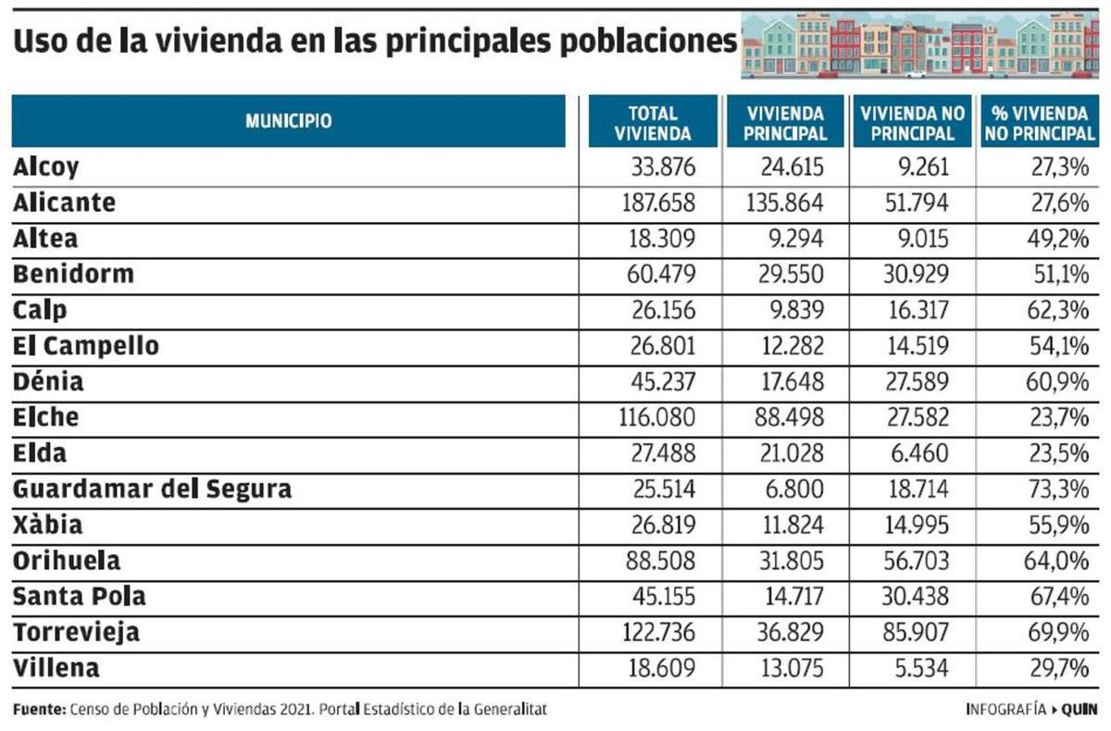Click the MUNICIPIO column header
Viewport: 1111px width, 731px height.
click(288, 121)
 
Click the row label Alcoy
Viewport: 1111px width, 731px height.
click(46, 167)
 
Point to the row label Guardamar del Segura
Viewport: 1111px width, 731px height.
click(152, 489)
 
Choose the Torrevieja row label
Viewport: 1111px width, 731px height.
click(76, 633)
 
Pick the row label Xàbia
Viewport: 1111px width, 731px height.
click(48, 525)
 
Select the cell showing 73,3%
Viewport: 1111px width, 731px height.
click(1061, 489)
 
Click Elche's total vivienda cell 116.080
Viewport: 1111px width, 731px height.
click(656, 417)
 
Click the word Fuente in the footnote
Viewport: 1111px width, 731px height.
click(39, 710)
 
